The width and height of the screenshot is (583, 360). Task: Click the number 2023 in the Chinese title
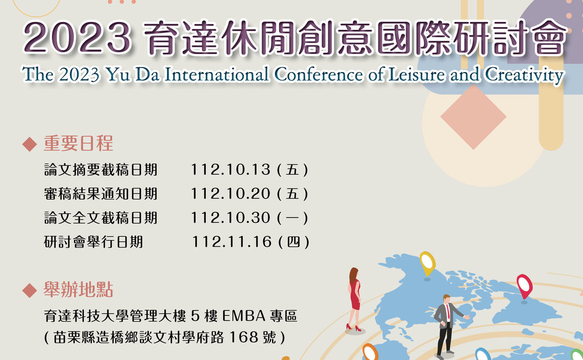coord(78,38)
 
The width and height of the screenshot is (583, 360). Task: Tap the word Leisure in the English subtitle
coord(416,74)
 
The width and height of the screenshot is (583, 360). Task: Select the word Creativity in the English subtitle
coord(525,75)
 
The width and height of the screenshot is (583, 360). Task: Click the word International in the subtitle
coord(216,74)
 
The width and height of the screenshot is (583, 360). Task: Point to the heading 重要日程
coord(78,143)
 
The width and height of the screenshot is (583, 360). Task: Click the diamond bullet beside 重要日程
coord(29,145)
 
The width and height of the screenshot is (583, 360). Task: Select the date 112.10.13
coord(231,170)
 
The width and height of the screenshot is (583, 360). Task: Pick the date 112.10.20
coord(231,193)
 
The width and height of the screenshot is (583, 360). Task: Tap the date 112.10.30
coord(231,218)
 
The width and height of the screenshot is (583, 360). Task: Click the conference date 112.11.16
coord(232,242)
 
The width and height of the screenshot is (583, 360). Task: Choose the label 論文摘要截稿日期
coord(101,170)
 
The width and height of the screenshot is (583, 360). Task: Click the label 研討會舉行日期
coord(93,242)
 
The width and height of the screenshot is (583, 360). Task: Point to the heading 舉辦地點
coord(78,290)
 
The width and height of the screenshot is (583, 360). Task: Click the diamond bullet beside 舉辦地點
coord(29,290)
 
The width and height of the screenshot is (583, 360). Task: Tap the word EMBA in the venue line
coord(244,316)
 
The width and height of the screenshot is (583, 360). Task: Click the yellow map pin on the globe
coord(427,264)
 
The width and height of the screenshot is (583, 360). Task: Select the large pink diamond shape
coord(473,117)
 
